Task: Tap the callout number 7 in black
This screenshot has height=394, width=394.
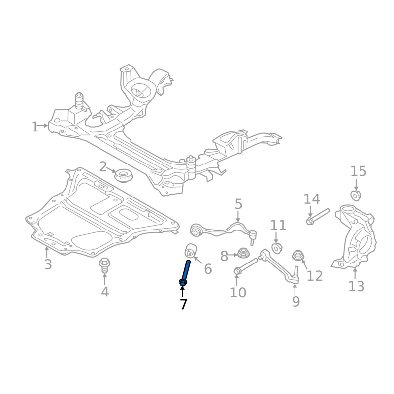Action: tap(183, 304)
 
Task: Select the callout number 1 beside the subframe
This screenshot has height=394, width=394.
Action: tap(35, 127)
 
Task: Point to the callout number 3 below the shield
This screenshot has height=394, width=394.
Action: tap(48, 264)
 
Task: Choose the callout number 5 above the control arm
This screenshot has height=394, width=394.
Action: tap(238, 204)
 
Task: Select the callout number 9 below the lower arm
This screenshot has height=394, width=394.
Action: tap(295, 301)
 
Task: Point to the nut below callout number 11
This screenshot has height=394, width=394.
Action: tap(277, 247)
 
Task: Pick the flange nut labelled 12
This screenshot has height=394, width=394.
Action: tap(297, 256)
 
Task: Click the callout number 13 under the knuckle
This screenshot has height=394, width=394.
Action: tap(356, 286)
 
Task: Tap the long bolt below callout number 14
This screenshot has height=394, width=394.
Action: tap(318, 217)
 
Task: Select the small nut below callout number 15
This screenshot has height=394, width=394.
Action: tap(355, 196)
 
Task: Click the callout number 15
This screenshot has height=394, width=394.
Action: tap(359, 171)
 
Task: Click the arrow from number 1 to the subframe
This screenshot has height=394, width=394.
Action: tap(43, 126)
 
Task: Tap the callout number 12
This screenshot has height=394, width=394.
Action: tap(315, 276)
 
